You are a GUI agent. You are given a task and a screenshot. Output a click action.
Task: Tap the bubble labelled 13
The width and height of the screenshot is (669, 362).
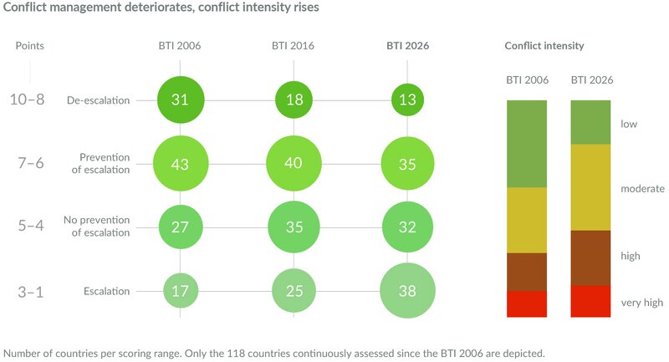[x=407, y=100]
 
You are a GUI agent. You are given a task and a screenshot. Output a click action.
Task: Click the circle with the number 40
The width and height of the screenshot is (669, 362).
[x=294, y=164]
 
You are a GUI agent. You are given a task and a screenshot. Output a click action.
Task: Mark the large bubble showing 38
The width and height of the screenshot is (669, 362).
[x=407, y=291]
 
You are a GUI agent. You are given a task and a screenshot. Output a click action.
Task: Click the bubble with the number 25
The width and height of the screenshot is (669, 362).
[x=294, y=291]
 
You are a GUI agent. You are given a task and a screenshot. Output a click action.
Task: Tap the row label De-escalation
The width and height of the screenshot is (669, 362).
[x=99, y=100]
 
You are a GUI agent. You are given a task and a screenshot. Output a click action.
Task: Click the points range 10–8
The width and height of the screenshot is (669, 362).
[x=29, y=100]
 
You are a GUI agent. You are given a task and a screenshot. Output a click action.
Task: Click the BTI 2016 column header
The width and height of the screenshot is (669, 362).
[x=294, y=45]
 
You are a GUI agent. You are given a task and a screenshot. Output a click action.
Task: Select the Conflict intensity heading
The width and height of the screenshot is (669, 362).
[x=544, y=45]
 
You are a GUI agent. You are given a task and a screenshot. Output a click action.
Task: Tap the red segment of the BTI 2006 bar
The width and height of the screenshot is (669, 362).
[x=527, y=303]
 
